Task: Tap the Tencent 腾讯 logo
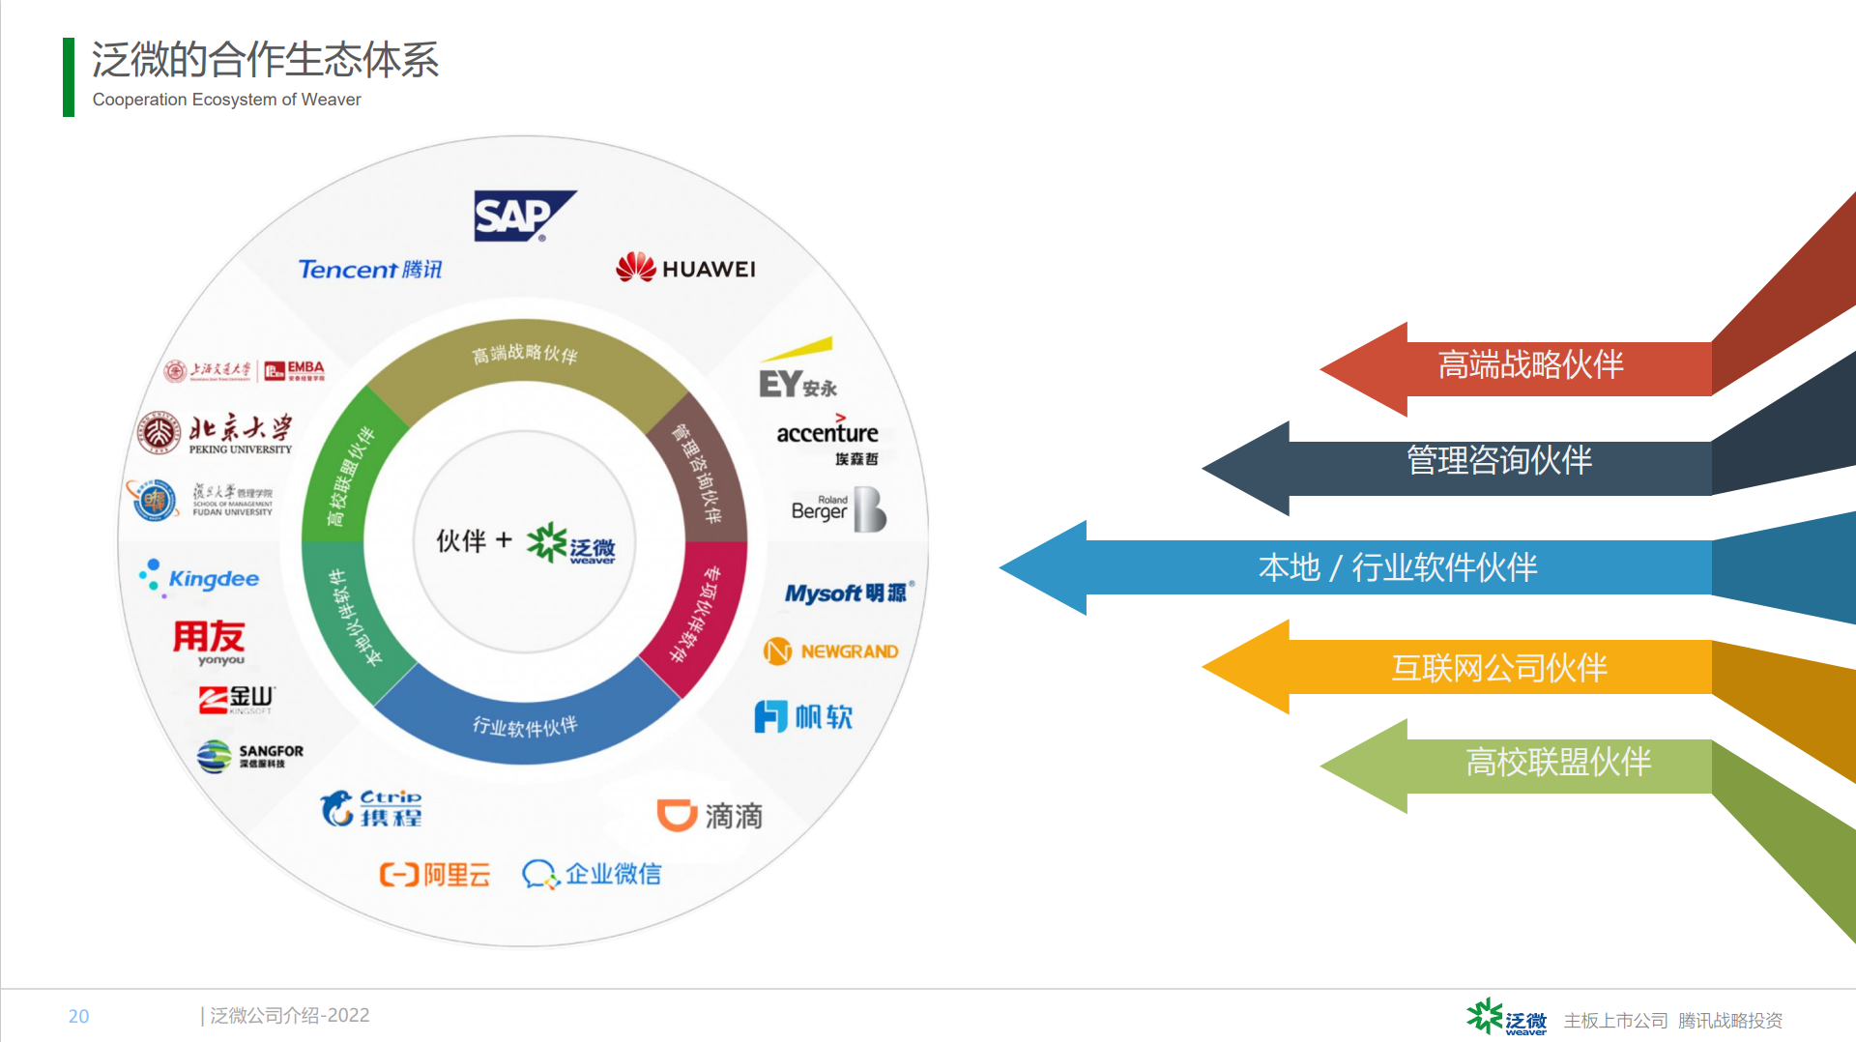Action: [369, 269]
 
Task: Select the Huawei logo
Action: [686, 268]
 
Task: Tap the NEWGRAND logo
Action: [831, 651]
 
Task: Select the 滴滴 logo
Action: [710, 815]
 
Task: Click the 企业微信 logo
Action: [592, 874]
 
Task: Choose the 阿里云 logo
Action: [435, 874]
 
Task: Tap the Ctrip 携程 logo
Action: [372, 808]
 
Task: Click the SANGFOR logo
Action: [250, 756]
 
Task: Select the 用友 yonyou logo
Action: [209, 642]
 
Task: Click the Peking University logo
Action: [215, 433]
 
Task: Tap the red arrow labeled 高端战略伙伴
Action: [1527, 367]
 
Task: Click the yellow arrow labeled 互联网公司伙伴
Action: [1498, 667]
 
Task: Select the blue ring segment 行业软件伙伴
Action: [525, 725]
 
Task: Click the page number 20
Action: [78, 1016]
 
